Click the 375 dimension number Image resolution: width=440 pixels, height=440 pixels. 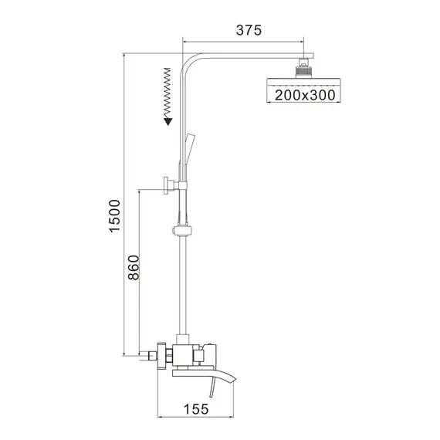pyautogui.click(x=248, y=30)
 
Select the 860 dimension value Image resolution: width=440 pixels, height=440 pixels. pyautogui.click(x=132, y=267)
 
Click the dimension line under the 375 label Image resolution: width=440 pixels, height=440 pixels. pyautogui.click(x=244, y=41)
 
